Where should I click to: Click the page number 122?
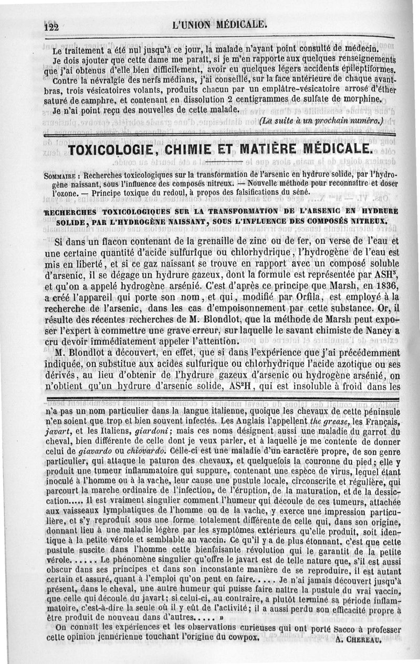point(53,26)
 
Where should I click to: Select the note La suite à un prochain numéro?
point(322,122)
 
